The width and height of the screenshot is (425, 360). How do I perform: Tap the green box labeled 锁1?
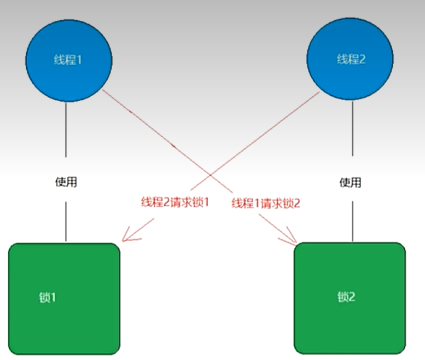65,298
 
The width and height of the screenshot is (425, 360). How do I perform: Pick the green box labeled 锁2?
350,298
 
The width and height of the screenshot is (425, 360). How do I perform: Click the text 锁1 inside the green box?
48,298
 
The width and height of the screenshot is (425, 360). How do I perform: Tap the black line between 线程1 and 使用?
66,131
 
